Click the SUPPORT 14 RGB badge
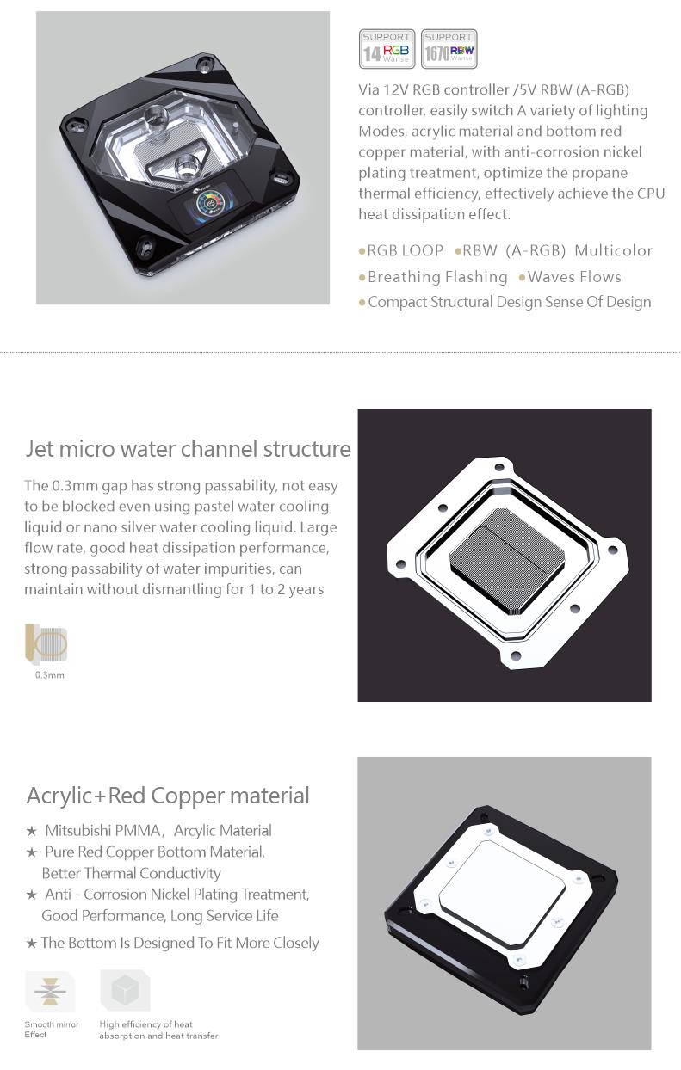click(387, 49)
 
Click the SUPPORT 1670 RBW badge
click(449, 49)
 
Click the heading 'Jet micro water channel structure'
click(188, 449)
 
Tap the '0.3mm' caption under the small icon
click(49, 675)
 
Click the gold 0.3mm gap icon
click(46, 643)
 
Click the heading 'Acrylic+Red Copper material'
click(168, 796)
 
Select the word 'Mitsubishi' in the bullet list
click(78, 831)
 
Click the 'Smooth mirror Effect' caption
click(51, 1030)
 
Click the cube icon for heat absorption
click(125, 990)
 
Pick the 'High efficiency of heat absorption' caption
click(158, 1030)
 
